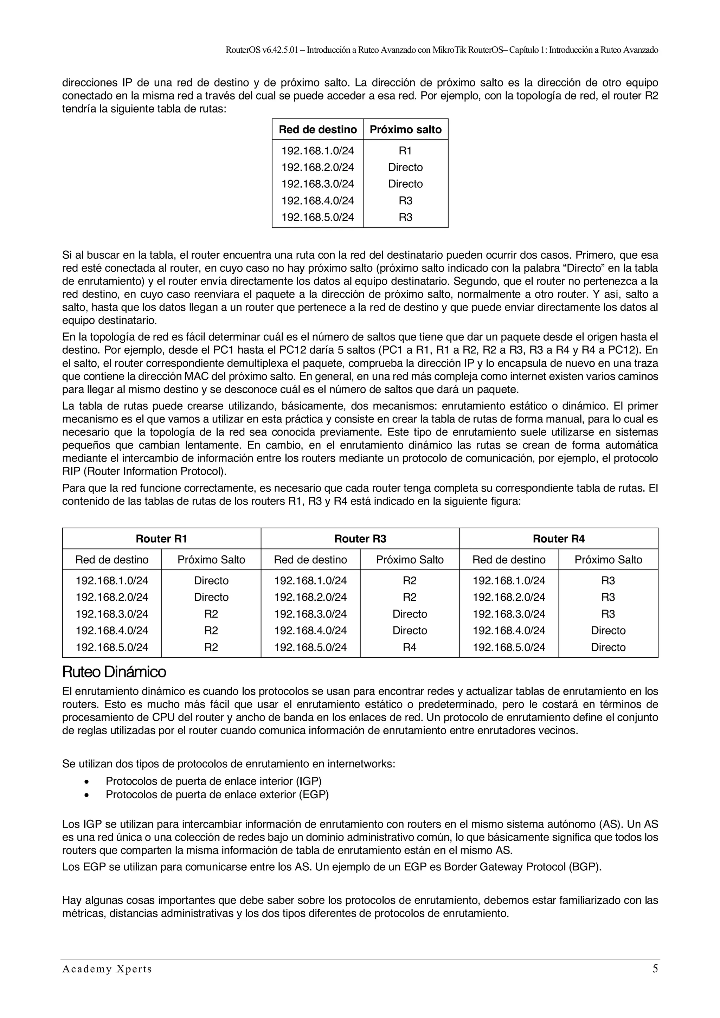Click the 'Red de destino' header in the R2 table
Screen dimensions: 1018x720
[317, 129]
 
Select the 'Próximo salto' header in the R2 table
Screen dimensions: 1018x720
[405, 129]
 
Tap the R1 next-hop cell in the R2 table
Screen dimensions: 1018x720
[405, 151]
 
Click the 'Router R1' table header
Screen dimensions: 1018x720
[161, 539]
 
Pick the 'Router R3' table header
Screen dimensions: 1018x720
[360, 539]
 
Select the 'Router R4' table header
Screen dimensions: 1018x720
[559, 539]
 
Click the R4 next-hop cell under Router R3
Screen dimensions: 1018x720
[409, 647]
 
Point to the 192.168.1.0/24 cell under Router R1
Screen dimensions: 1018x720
[112, 580]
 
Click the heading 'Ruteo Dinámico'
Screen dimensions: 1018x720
[114, 672]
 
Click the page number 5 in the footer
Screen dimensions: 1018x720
[655, 981]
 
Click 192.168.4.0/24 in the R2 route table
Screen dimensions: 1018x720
[317, 201]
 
